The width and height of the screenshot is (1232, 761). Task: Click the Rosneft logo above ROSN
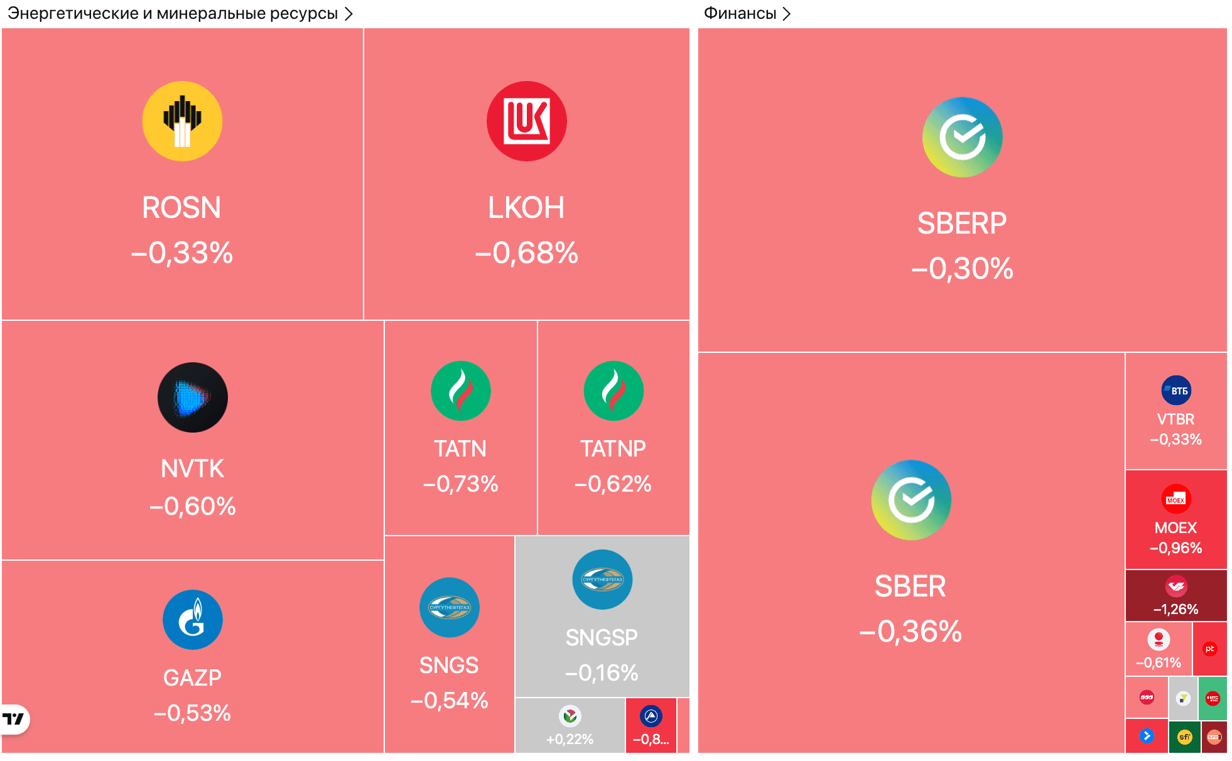(x=182, y=121)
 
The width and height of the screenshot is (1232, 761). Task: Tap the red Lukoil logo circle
(x=526, y=121)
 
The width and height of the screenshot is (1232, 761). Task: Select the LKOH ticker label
(x=526, y=208)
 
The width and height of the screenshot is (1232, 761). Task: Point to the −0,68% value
(x=526, y=253)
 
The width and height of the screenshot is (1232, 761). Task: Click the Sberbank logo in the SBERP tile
(x=962, y=137)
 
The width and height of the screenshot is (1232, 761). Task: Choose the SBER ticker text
(x=910, y=586)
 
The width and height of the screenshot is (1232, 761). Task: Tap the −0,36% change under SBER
(x=910, y=632)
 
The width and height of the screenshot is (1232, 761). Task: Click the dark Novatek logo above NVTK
(x=192, y=397)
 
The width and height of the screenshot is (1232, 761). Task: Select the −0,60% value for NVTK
(x=192, y=506)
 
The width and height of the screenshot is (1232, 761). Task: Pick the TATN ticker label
(x=460, y=449)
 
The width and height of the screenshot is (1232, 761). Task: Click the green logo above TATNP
(x=613, y=391)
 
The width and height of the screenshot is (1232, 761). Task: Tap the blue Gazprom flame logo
(x=192, y=620)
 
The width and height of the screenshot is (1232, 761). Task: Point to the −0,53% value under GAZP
(x=192, y=713)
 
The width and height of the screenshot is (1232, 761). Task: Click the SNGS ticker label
(x=449, y=666)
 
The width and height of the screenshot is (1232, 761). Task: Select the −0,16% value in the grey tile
(x=602, y=673)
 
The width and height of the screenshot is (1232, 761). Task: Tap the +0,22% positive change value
(x=570, y=740)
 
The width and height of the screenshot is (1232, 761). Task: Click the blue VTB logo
(x=1175, y=391)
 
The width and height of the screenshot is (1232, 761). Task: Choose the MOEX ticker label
(x=1175, y=528)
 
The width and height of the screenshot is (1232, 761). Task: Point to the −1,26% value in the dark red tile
(x=1175, y=609)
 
